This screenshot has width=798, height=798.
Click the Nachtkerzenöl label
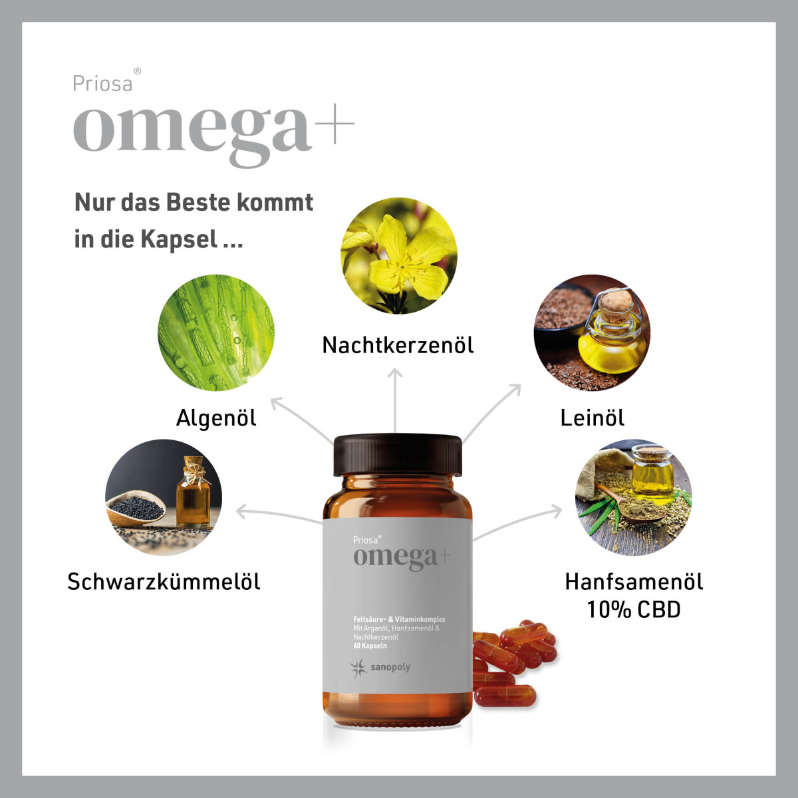pos(398,345)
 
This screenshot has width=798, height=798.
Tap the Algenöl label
pos(216,418)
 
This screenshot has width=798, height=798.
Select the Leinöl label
pos(593,418)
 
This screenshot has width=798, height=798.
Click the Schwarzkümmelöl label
pos(164,581)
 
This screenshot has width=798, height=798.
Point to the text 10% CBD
pos(634,610)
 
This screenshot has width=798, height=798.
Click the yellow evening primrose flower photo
pos(399,255)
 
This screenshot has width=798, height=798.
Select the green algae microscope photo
pos(216,332)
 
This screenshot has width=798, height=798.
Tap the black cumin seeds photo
pos(164,497)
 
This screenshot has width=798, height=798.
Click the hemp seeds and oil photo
pos(634,497)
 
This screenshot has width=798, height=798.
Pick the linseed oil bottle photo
pos(593,332)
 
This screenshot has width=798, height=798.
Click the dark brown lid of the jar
pos(398,455)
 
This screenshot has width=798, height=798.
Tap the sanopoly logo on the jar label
pos(380,667)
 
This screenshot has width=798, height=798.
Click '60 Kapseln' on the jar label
pos(370,646)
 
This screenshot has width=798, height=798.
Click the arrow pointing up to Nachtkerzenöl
pos(396,400)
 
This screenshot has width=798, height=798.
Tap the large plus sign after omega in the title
pos(334,124)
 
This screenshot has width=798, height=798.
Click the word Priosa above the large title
pos(102,84)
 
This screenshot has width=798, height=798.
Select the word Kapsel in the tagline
pos(179,239)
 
